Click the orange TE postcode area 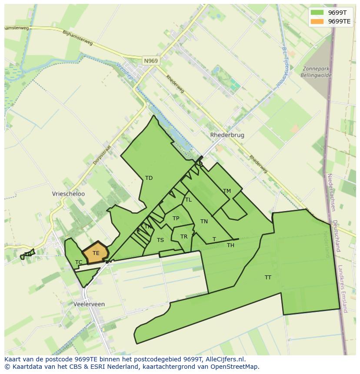pyautogui.click(x=95, y=253)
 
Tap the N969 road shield pyautogui.click(x=150, y=61)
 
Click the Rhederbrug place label pyautogui.click(x=227, y=135)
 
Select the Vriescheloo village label pyautogui.click(x=68, y=194)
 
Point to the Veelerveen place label pyautogui.click(x=89, y=304)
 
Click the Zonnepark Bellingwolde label pyautogui.click(x=316, y=72)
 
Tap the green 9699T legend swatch pyautogui.click(x=317, y=13)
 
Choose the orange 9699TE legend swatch pyautogui.click(x=317, y=21)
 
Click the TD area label pyautogui.click(x=149, y=178)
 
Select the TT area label pyautogui.click(x=268, y=277)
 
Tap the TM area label pyautogui.click(x=227, y=191)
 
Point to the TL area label pyautogui.click(x=188, y=200)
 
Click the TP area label pyautogui.click(x=176, y=218)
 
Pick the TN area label pyautogui.click(x=204, y=222)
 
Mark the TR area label pyautogui.click(x=184, y=237)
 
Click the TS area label pyautogui.click(x=160, y=240)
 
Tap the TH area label pyautogui.click(x=230, y=245)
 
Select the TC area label pyautogui.click(x=79, y=262)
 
